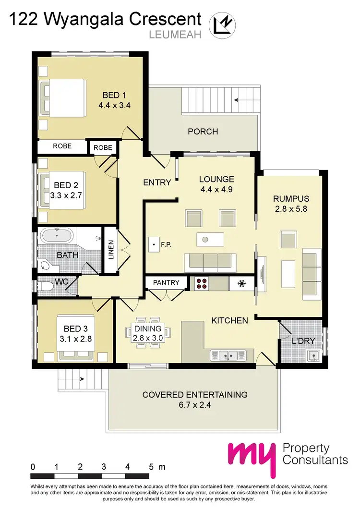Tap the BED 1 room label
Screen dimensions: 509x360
click(x=114, y=95)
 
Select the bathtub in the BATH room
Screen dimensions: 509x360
click(x=57, y=236)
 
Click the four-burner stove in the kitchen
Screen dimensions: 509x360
click(x=201, y=283)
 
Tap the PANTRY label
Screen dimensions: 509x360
click(x=166, y=283)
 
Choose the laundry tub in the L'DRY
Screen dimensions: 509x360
click(x=315, y=356)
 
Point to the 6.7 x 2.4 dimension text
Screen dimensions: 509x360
click(x=195, y=405)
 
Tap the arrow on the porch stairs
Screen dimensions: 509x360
click(x=236, y=100)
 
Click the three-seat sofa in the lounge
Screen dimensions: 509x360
click(x=210, y=261)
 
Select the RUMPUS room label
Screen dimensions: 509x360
click(x=291, y=198)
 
